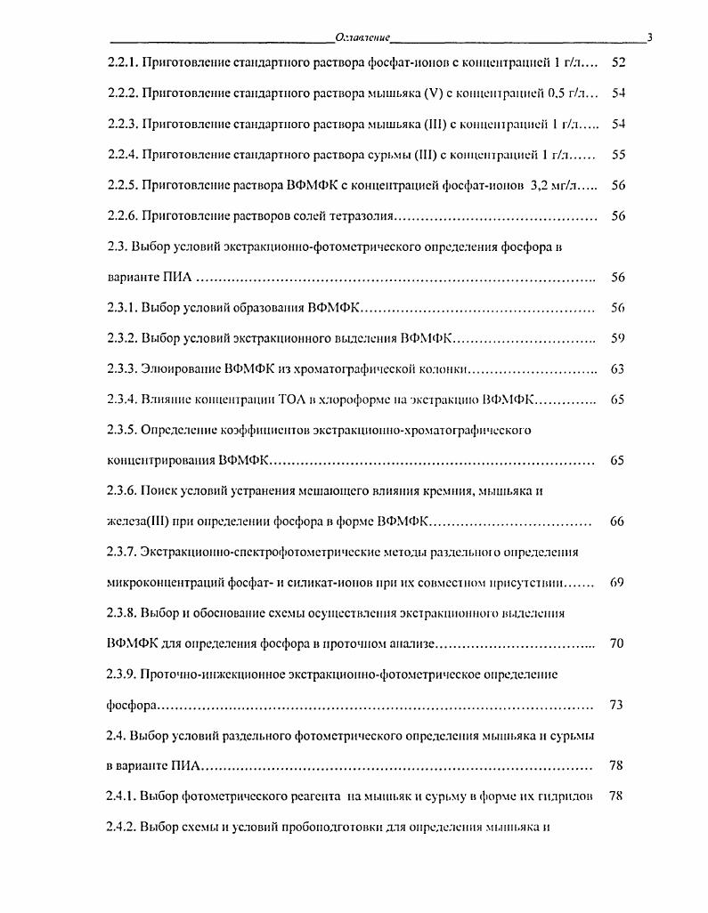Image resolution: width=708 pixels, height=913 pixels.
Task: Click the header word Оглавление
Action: tap(362, 36)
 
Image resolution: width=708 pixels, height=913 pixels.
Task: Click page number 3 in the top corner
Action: tap(650, 36)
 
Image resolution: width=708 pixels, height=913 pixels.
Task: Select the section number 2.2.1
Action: tap(120, 63)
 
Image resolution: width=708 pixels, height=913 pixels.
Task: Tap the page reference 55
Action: tap(617, 154)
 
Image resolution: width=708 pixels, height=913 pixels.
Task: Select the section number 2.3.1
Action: tap(120, 307)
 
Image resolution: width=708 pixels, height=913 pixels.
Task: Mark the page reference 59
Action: tap(617, 337)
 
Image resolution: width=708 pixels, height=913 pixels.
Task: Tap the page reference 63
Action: tap(617, 368)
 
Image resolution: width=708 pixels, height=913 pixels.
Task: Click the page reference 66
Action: tap(617, 521)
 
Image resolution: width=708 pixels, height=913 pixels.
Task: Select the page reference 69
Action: tap(617, 583)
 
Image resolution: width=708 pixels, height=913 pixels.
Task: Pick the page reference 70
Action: tap(617, 643)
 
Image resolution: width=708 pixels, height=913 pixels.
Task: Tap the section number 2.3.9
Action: tap(120, 675)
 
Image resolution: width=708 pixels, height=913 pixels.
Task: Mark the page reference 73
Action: tap(617, 705)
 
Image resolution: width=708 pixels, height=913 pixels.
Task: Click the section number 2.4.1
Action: tap(120, 796)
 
